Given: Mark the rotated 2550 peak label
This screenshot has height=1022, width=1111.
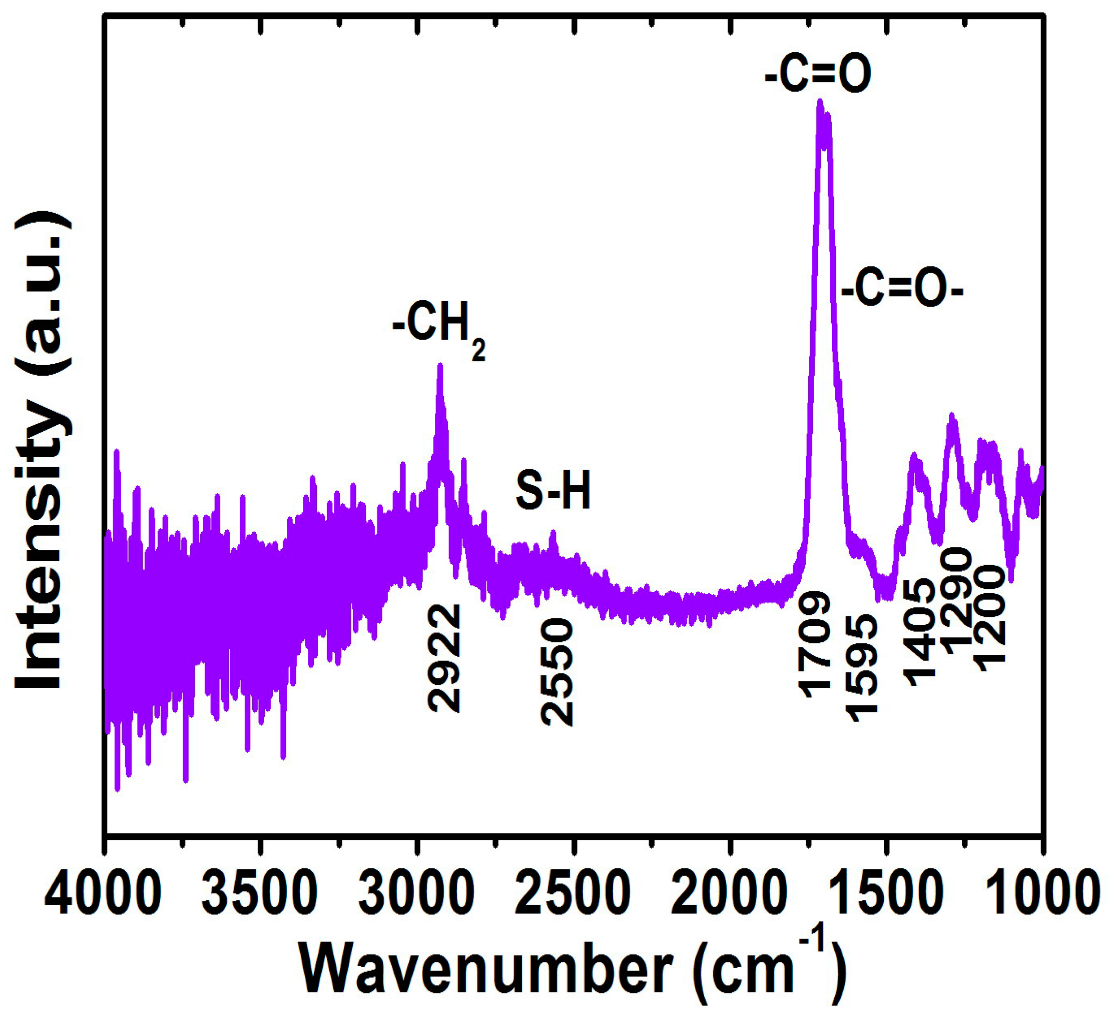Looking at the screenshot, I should coord(557,671).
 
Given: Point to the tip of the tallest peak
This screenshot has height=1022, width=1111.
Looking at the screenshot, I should coord(820,101).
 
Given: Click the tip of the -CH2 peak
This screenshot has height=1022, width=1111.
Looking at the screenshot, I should coord(440,365).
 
